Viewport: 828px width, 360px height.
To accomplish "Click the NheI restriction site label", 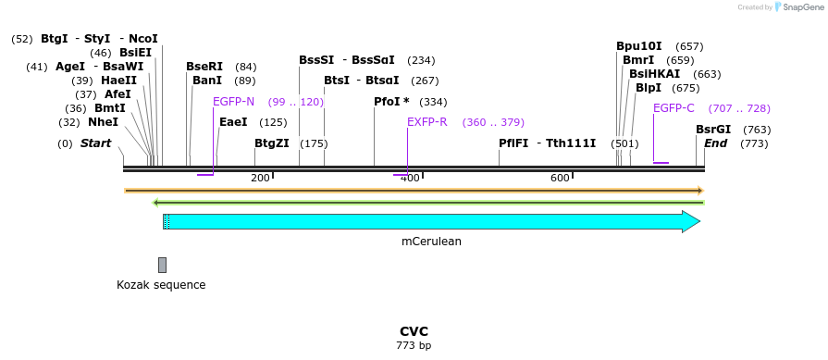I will click(103, 121).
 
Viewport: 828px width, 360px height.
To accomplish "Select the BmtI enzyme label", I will click(109, 107).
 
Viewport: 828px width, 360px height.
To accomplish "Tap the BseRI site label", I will click(204, 67).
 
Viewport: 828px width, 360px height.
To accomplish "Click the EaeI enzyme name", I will click(233, 121).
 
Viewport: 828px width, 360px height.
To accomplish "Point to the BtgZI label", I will click(271, 143).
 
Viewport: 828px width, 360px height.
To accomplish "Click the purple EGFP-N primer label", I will click(233, 102).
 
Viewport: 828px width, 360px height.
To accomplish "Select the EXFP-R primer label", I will click(426, 121).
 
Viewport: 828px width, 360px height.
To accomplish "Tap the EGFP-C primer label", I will click(674, 108).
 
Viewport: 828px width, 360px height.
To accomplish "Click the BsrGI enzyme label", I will click(713, 130).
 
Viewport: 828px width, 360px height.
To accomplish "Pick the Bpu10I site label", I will click(639, 46).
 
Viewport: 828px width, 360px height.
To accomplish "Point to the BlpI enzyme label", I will click(649, 88).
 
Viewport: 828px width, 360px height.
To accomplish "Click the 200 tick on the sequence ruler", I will click(260, 178).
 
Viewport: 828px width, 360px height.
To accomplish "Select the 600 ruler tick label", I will click(560, 178).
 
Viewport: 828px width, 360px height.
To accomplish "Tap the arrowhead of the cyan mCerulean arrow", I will click(690, 221).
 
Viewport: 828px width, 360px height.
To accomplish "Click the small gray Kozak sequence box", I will click(162, 265).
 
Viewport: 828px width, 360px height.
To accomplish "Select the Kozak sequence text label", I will click(161, 285).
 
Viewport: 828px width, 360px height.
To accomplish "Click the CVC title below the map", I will click(414, 331).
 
